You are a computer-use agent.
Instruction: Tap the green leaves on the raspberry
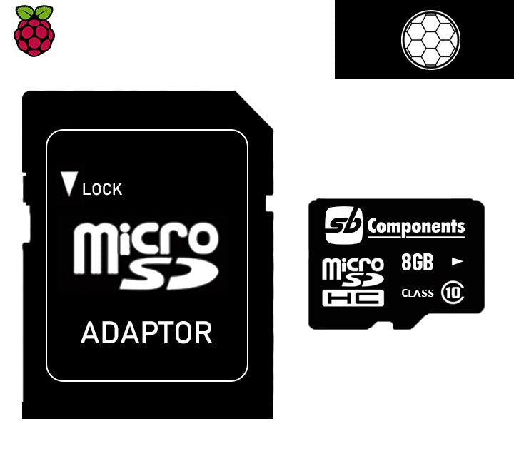(x=34, y=12)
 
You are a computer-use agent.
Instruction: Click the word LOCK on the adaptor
(x=102, y=189)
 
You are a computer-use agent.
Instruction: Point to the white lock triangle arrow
(x=69, y=184)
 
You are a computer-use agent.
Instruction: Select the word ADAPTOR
(x=146, y=333)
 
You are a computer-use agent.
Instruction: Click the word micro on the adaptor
(x=146, y=240)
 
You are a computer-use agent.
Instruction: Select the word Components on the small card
(x=416, y=227)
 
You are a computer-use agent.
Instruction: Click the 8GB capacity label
(x=418, y=262)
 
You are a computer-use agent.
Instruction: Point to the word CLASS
(x=418, y=293)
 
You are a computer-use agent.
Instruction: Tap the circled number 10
(x=452, y=293)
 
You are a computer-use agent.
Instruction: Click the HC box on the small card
(x=353, y=298)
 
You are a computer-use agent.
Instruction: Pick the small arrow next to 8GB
(x=458, y=261)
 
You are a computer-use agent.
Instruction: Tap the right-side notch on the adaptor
(x=269, y=205)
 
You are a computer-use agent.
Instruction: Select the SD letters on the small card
(x=358, y=281)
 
